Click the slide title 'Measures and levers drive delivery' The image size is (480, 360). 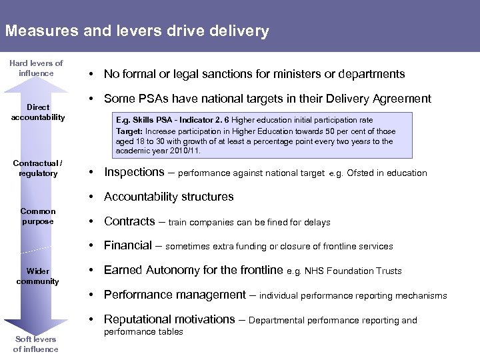(137, 31)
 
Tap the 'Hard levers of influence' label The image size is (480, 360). (36, 68)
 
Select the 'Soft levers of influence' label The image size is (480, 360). (36, 344)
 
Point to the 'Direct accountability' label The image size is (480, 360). (38, 112)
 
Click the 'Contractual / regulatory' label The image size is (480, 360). (38, 168)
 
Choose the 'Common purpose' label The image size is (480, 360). (38, 216)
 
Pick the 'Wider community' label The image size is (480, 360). (38, 276)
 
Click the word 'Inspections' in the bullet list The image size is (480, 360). (134, 172)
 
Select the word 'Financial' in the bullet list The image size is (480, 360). (128, 245)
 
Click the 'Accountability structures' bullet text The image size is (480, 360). (169, 197)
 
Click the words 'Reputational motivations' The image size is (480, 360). (169, 319)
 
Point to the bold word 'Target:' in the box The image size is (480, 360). (130, 131)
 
